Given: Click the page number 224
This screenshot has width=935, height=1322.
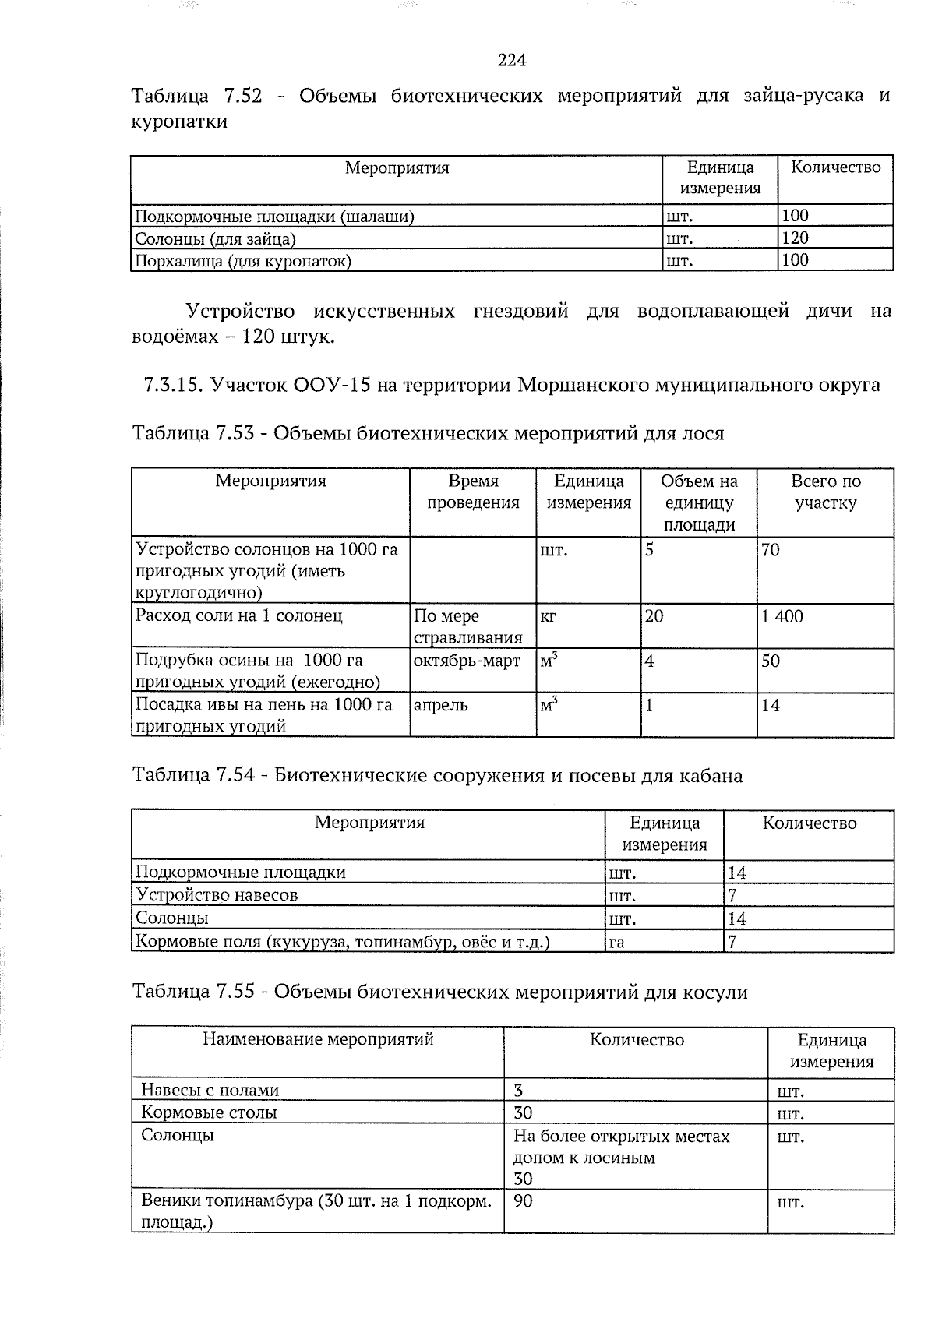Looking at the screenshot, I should (512, 60).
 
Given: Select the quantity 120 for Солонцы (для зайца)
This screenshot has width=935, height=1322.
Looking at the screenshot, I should (795, 238).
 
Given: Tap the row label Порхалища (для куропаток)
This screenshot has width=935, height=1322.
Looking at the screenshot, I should (243, 260).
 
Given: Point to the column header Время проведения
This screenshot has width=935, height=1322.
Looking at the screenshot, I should (473, 492).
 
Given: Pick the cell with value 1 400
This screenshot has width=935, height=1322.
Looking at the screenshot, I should (782, 616).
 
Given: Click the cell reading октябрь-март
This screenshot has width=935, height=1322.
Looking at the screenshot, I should (467, 661).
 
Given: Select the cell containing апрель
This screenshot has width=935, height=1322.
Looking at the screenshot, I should (440, 705).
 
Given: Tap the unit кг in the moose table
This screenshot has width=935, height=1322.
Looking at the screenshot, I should (548, 616).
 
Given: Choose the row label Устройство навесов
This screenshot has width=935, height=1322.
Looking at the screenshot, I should (217, 894).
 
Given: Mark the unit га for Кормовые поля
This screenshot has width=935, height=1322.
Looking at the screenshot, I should (616, 942).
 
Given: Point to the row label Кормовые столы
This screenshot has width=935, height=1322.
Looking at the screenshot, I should (209, 1112).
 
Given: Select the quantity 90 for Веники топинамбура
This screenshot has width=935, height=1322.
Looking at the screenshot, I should (523, 1200).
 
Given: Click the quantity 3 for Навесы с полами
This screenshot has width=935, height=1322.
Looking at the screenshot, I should (518, 1090).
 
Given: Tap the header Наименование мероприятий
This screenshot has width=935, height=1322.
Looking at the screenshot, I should (318, 1039).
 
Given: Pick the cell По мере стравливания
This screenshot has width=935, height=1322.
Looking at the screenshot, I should (467, 626).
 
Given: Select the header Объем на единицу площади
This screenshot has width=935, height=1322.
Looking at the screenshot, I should (699, 502).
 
